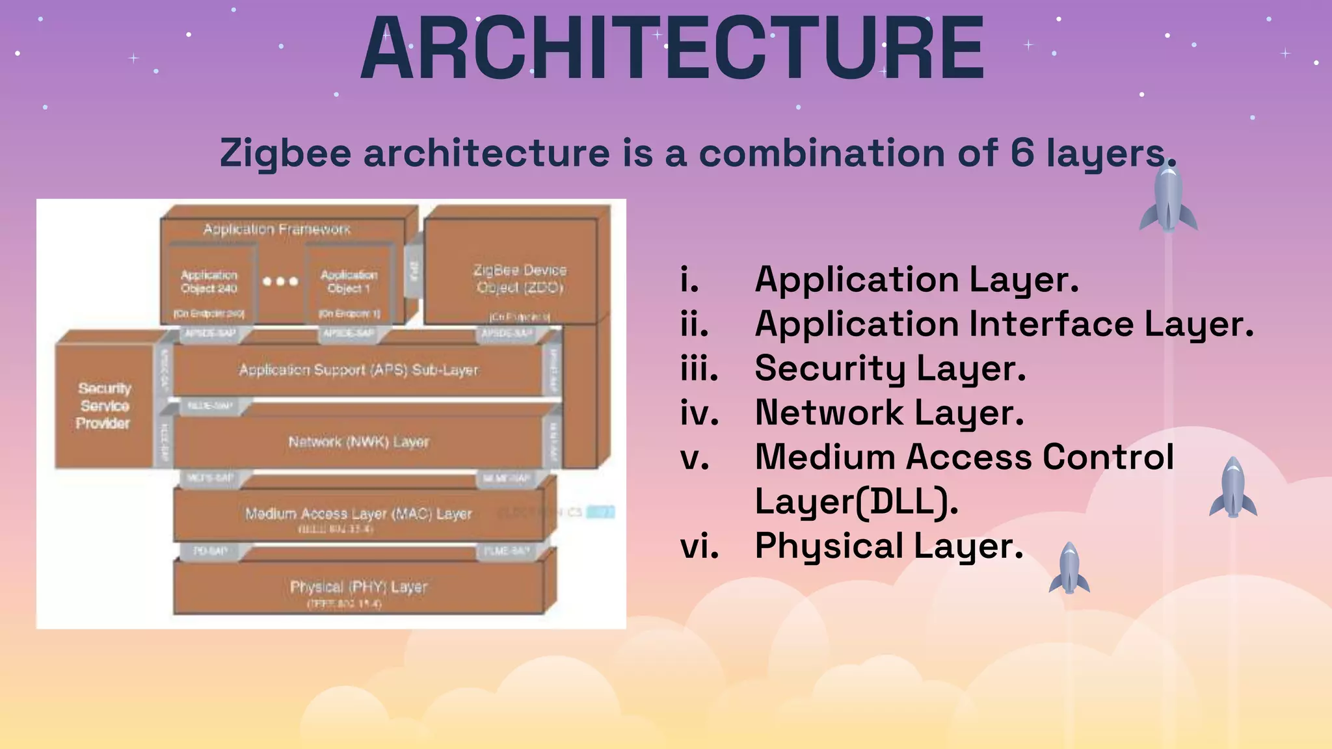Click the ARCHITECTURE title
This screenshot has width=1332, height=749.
click(x=673, y=49)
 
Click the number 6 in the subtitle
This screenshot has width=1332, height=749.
click(x=1022, y=153)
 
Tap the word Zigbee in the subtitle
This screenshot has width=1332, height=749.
click(x=286, y=154)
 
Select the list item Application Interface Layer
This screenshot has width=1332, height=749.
click(x=1004, y=324)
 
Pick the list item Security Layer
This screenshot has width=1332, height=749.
click(x=890, y=368)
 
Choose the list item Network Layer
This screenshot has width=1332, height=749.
click(x=889, y=412)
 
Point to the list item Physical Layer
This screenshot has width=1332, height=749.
click(x=888, y=545)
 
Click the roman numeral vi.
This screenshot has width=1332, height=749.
click(x=699, y=545)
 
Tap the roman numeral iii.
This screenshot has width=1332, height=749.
click(x=699, y=368)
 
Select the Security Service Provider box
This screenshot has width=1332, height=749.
click(x=104, y=406)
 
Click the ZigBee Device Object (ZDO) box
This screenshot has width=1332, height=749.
click(x=520, y=278)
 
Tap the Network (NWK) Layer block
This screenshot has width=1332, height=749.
click(x=358, y=442)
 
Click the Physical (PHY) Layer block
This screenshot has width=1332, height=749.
click(x=358, y=588)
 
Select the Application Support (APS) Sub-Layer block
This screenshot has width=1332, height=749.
click(x=358, y=370)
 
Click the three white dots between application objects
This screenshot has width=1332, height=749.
click(x=280, y=282)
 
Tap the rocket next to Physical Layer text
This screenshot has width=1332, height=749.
click(x=1069, y=568)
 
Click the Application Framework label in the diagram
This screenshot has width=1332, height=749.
click(x=277, y=230)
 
